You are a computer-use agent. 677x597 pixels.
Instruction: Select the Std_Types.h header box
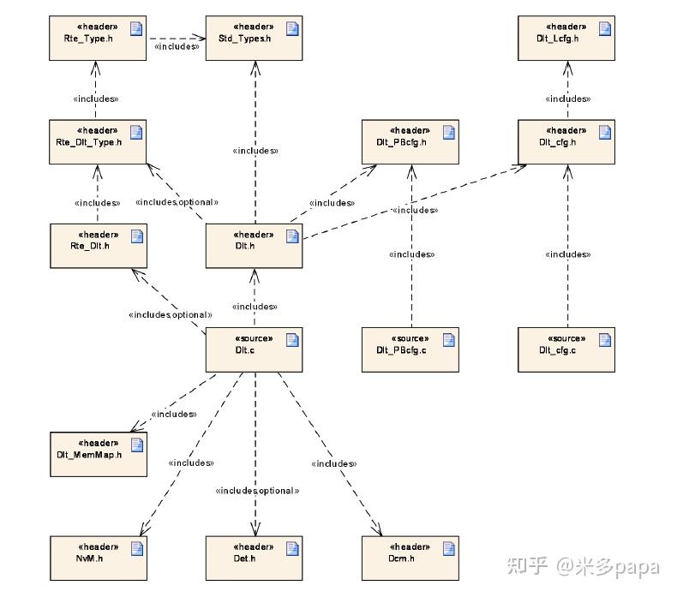[254, 39]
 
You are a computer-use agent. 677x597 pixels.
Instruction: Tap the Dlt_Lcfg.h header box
[566, 39]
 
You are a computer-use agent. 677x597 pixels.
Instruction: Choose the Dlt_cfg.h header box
[566, 141]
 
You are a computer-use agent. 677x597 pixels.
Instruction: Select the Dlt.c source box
[254, 349]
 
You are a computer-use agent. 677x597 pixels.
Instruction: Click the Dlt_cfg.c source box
[566, 349]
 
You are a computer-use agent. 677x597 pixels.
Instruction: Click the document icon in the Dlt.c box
[291, 340]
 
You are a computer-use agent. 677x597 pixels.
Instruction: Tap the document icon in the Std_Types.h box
[291, 29]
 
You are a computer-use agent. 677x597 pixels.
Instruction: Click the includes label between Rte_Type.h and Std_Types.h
[177, 47]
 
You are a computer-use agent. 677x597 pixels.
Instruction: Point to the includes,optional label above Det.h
[257, 491]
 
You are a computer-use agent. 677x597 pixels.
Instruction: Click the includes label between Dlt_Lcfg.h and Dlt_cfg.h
[568, 99]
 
